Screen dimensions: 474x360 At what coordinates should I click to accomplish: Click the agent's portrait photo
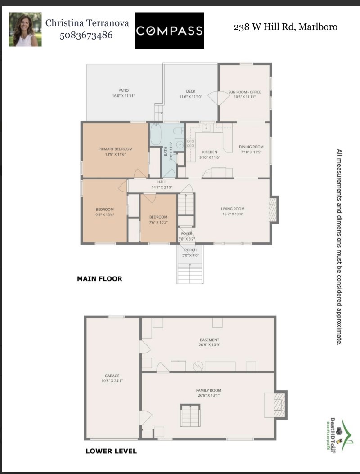click(x=25, y=29)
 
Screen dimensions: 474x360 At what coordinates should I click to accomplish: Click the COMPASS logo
click(x=169, y=31)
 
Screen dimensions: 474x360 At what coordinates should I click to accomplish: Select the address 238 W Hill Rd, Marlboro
click(x=285, y=27)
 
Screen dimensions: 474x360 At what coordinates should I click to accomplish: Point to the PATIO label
click(x=123, y=93)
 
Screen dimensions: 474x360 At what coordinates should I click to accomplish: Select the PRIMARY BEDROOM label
click(x=115, y=149)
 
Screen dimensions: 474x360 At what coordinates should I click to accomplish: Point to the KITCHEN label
click(x=210, y=152)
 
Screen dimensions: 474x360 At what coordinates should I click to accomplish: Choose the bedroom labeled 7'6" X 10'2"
click(x=158, y=219)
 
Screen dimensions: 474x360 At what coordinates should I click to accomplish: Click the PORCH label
click(x=190, y=250)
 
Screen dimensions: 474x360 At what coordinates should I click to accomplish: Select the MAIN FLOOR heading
click(x=99, y=279)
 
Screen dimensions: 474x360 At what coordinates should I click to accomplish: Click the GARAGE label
click(x=112, y=376)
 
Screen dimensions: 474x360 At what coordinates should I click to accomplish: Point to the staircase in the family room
click(x=189, y=415)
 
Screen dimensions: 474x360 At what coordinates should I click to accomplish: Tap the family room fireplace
click(x=279, y=403)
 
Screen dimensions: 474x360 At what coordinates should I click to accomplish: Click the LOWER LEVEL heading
click(x=111, y=451)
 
